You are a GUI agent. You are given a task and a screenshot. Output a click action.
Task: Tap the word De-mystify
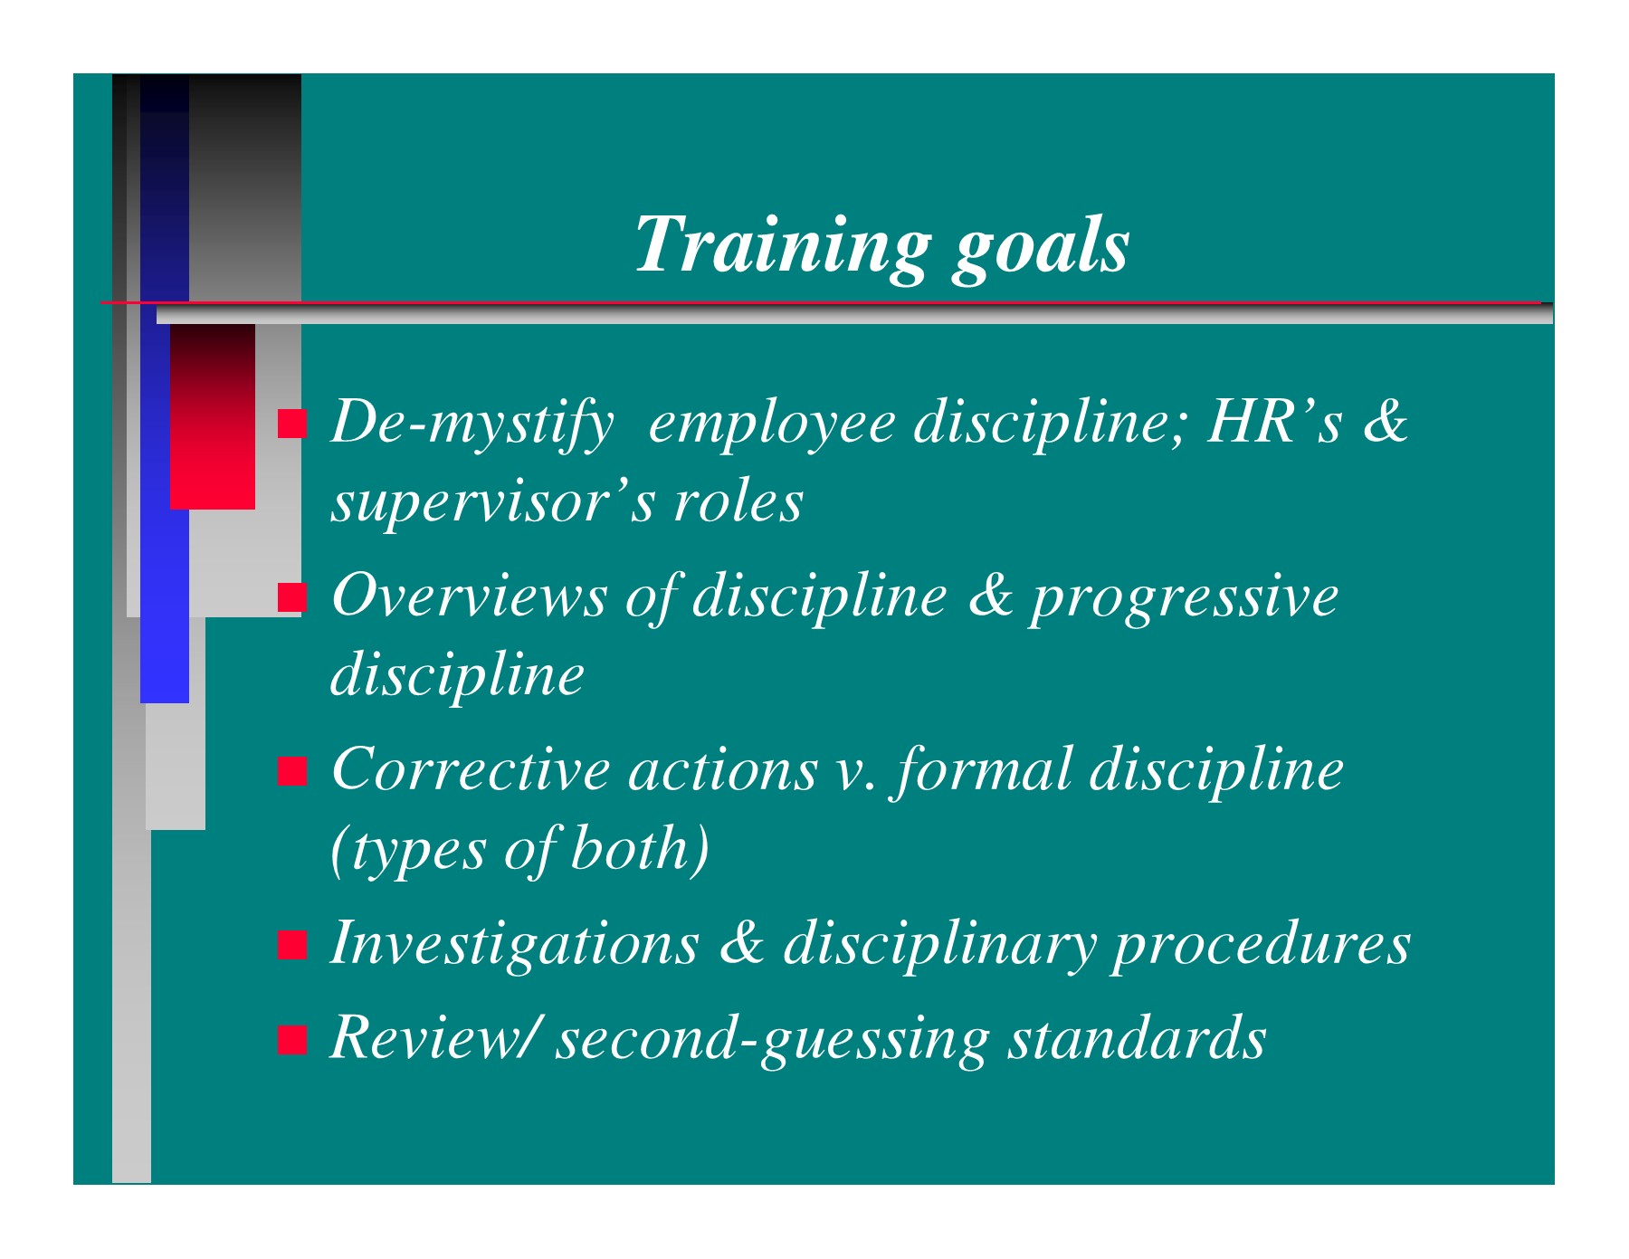pyautogui.click(x=472, y=422)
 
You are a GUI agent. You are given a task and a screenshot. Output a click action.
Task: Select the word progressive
pyautogui.click(x=1185, y=597)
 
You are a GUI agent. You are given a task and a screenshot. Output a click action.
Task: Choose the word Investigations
pyautogui.click(x=515, y=943)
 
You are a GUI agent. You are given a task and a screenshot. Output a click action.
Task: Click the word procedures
pyautogui.click(x=1262, y=943)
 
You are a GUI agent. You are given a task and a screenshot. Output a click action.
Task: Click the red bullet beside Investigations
pyautogui.click(x=292, y=944)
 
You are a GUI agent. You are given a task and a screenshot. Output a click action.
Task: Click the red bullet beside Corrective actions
pyautogui.click(x=292, y=770)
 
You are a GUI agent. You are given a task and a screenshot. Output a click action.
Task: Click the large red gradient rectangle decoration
pyautogui.click(x=213, y=417)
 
